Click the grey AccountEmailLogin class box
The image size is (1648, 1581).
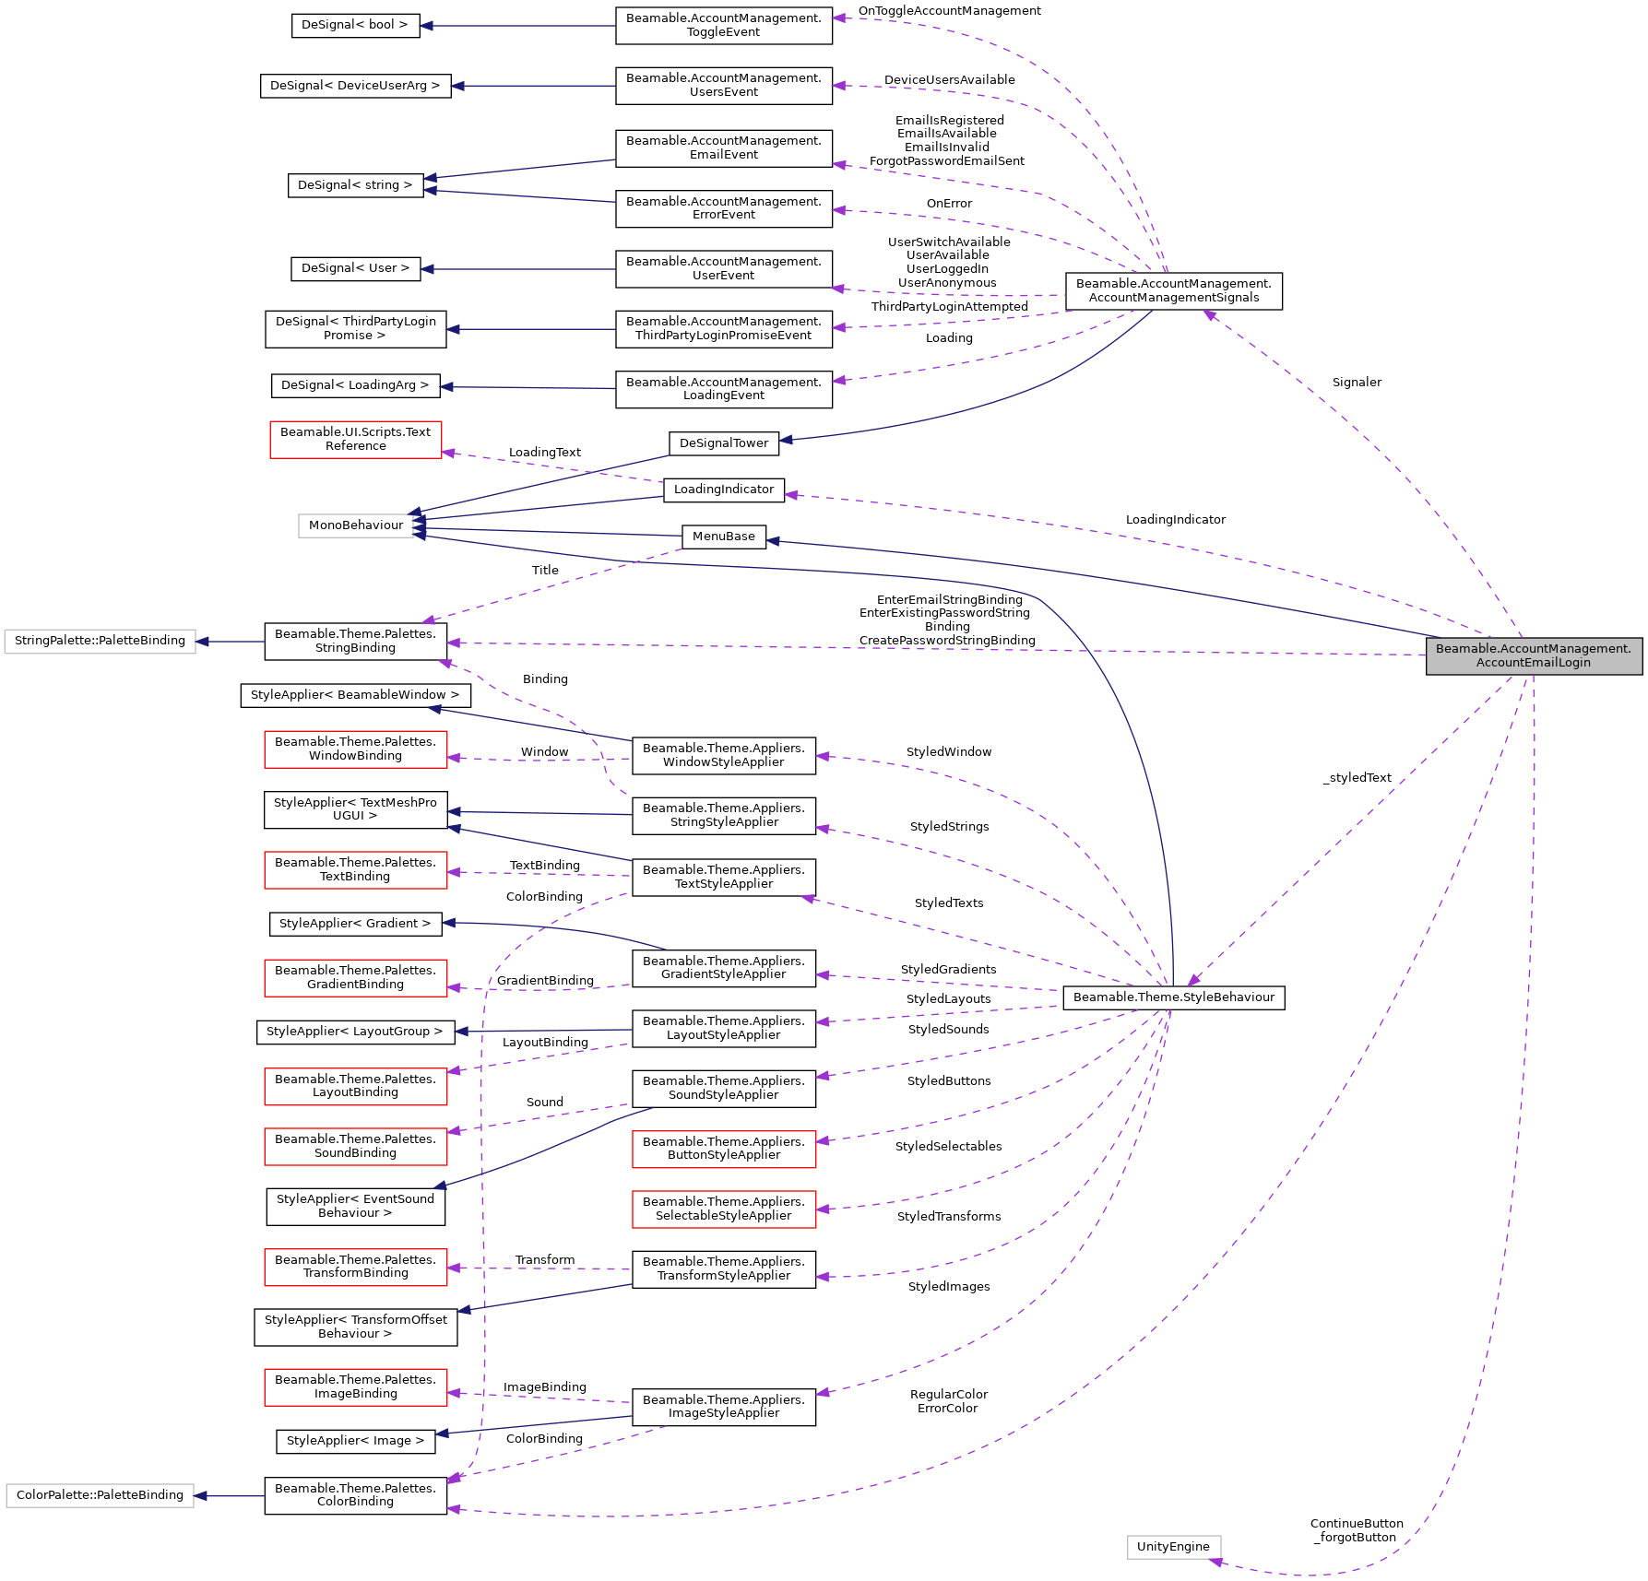[1533, 655]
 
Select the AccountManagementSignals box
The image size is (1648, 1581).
[1173, 290]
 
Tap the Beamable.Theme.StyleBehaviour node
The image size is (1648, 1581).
[1173, 997]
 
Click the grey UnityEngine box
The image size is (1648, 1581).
[1173, 1547]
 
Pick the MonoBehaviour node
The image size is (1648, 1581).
[356, 525]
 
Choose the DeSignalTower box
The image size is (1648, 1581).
[723, 443]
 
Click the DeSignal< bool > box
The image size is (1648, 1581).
[355, 25]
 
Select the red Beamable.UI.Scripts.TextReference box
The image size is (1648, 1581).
[355, 439]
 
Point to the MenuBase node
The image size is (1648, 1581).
[723, 537]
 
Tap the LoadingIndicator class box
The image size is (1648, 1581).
[723, 490]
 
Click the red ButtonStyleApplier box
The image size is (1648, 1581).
[723, 1149]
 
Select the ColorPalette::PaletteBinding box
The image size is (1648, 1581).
[100, 1495]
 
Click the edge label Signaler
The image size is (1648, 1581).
[1357, 383]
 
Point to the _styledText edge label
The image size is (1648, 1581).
[1357, 778]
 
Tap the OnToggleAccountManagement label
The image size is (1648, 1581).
[949, 11]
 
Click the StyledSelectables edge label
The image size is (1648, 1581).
[948, 1147]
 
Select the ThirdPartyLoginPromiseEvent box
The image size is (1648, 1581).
[723, 329]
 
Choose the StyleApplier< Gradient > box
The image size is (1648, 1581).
[355, 924]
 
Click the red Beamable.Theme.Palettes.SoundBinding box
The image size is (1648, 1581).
[355, 1146]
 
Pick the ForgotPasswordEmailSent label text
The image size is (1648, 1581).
[946, 161]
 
